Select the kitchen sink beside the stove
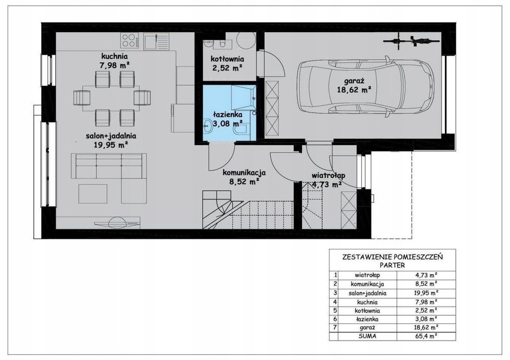coord(156,41)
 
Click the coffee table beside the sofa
coord(93,194)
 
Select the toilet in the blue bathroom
coord(241,130)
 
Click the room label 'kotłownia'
coord(227,59)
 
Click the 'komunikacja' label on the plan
coord(244,173)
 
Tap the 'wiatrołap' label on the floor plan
coord(328,175)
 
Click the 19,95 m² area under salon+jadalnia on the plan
coord(111,145)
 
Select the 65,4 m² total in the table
coord(426,336)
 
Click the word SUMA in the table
coord(367,336)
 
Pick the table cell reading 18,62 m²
coord(426,328)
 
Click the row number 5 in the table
coord(335,311)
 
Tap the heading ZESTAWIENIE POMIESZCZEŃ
coord(392,257)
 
